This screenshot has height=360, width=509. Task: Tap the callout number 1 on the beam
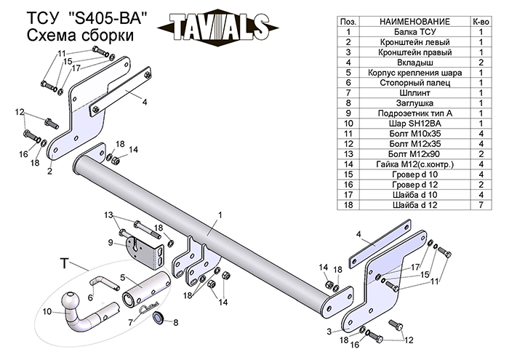(x=220, y=216)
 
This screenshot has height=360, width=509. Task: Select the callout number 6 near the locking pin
(x=90, y=297)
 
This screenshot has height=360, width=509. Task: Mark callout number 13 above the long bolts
(x=108, y=215)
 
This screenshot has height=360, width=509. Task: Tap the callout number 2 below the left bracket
(x=49, y=172)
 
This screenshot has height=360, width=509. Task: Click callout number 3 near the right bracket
(x=329, y=331)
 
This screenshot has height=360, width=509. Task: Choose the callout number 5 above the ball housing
(x=123, y=276)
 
